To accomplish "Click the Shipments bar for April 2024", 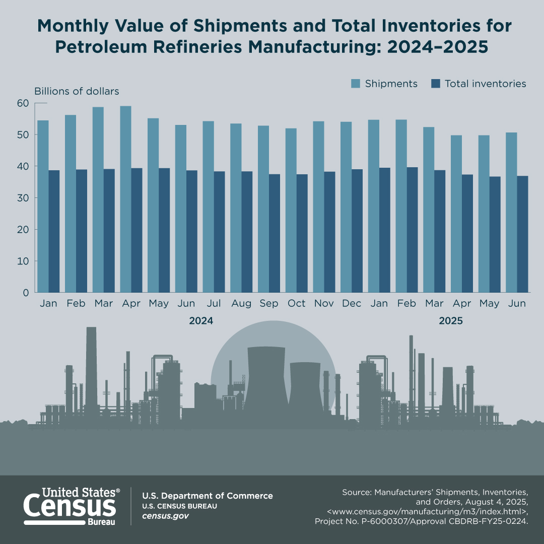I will (125, 199).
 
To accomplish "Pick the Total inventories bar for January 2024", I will (54, 231).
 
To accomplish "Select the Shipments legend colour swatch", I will (356, 84).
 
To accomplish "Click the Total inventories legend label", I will (485, 84).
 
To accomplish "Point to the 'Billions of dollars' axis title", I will (77, 91).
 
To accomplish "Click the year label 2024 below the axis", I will (201, 321).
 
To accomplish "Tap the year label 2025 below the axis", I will (450, 321).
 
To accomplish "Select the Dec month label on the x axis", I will (352, 304).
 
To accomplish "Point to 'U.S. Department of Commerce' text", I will (208, 496).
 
